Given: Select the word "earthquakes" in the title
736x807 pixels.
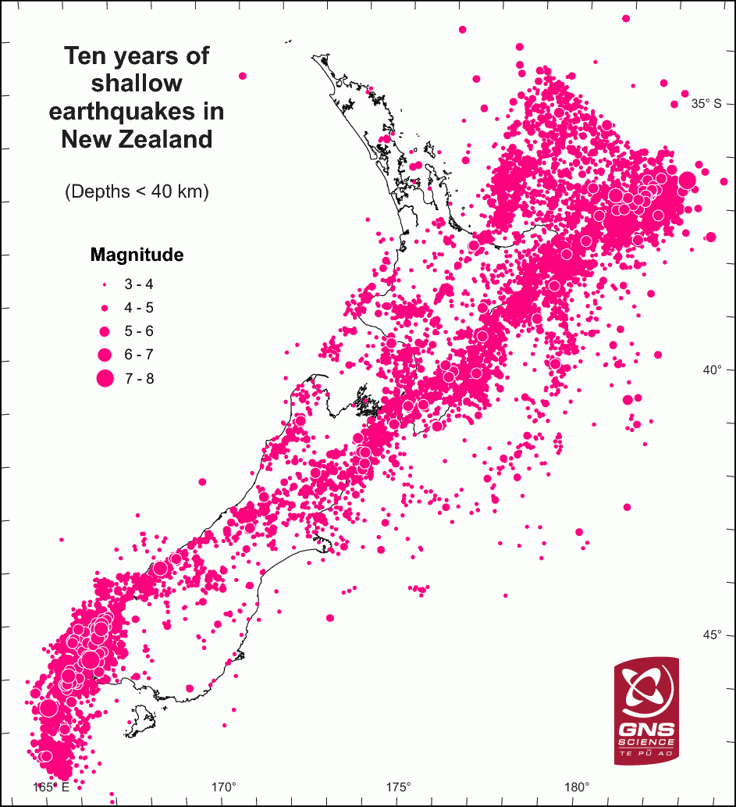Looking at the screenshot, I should [x=137, y=112].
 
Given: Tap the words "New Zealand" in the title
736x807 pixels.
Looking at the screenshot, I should [x=137, y=140].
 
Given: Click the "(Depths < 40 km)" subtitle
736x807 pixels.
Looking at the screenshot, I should [x=137, y=191].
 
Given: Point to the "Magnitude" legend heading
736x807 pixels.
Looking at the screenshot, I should [x=137, y=255].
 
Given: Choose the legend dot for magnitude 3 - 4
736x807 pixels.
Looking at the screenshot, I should [x=104, y=285].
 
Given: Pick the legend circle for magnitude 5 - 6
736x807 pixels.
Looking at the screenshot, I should [x=104, y=331].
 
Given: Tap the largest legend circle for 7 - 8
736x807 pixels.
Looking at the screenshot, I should [x=104, y=379].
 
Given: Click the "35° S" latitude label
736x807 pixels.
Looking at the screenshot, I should [x=706, y=103].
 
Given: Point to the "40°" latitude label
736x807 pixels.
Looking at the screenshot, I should [x=711, y=369].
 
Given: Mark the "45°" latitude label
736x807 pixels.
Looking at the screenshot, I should [x=711, y=634].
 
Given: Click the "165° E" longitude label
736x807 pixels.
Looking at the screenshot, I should [x=52, y=787].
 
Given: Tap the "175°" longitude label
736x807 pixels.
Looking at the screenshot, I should [x=400, y=787].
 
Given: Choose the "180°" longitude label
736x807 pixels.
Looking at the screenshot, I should [x=577, y=787].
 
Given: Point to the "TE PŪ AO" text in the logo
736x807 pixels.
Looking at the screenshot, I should [x=646, y=753].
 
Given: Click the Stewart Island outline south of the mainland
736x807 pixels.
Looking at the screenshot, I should [x=140, y=719].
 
